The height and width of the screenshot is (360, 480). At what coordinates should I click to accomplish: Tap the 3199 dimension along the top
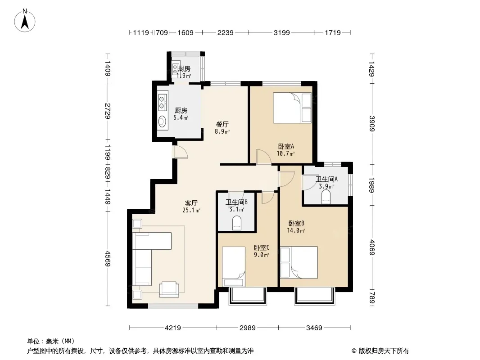(x=281, y=32)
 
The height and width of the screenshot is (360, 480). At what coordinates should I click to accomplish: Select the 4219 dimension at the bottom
(x=173, y=328)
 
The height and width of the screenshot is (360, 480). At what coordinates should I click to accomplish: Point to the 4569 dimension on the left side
(x=108, y=258)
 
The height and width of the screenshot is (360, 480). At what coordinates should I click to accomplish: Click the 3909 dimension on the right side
(x=372, y=124)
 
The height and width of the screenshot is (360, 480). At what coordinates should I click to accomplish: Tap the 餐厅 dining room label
(x=222, y=125)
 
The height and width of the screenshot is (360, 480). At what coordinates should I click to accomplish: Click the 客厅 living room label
(x=191, y=203)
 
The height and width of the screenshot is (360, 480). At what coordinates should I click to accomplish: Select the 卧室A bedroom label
(x=286, y=147)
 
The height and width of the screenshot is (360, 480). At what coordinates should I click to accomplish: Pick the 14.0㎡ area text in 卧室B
(x=296, y=230)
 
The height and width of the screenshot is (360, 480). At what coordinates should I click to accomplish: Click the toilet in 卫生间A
(x=326, y=197)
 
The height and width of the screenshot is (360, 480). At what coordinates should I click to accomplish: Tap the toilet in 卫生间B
(x=237, y=223)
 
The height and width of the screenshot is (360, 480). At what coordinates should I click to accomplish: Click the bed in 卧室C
(x=234, y=266)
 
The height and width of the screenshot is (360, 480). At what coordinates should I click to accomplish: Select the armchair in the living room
(x=169, y=289)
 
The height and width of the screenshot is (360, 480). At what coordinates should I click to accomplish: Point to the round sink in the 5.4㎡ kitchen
(x=162, y=121)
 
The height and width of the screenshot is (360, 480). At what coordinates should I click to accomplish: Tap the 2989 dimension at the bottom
(x=247, y=328)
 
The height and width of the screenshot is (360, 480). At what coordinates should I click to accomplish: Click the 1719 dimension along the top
(x=333, y=32)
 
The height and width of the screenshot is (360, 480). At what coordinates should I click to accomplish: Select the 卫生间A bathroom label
(x=326, y=179)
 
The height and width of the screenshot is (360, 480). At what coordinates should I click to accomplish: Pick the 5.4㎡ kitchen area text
(x=181, y=118)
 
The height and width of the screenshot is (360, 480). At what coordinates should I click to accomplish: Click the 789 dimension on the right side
(x=372, y=297)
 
